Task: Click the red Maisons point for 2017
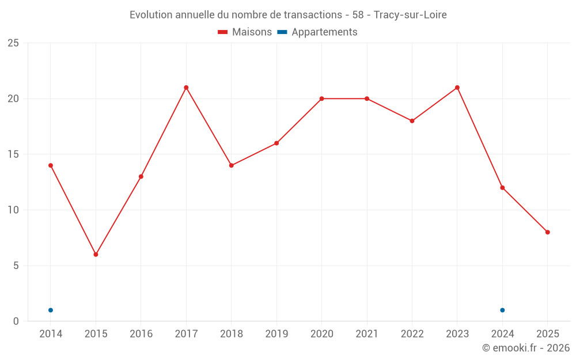(x=186, y=88)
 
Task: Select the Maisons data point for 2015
(x=96, y=254)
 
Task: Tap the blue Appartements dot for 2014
(x=51, y=310)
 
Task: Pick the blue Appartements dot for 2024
(x=502, y=310)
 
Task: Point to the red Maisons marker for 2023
(x=457, y=88)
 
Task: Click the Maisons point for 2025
(x=548, y=232)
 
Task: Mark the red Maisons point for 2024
(x=502, y=188)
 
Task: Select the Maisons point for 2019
(x=276, y=143)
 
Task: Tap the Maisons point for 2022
(x=412, y=121)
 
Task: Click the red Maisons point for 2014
(x=51, y=165)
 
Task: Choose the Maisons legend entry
(x=245, y=32)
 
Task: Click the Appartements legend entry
(x=317, y=32)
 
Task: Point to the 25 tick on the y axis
(x=13, y=43)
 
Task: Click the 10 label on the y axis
(x=13, y=210)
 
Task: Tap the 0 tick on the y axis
(x=16, y=321)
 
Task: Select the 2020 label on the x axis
(x=321, y=334)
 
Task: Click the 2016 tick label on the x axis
(x=141, y=334)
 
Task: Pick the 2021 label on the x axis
(x=367, y=334)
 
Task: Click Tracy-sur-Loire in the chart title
(x=410, y=15)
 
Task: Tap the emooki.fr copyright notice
(x=526, y=348)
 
